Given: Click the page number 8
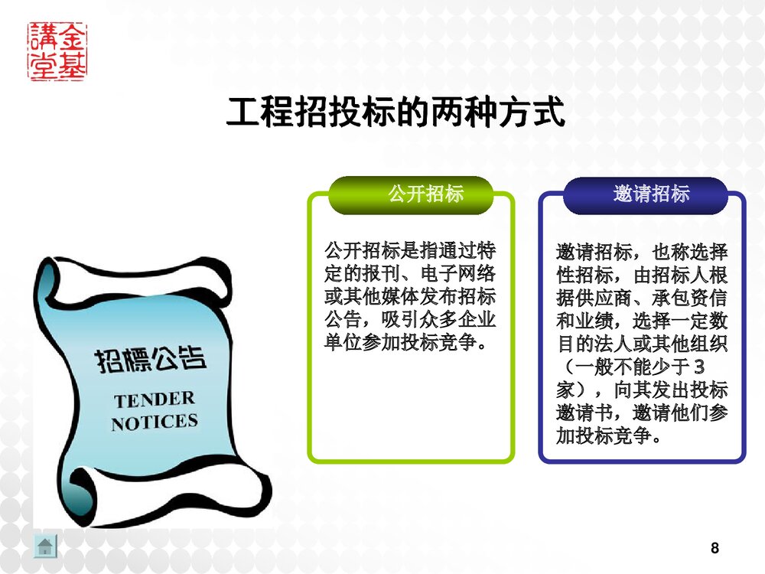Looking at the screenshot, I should (x=715, y=548).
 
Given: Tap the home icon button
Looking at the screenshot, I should (x=45, y=546).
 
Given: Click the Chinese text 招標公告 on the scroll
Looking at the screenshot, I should (x=150, y=360).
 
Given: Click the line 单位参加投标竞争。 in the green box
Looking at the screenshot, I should (x=406, y=340).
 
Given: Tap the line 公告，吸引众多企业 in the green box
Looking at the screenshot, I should (x=411, y=318).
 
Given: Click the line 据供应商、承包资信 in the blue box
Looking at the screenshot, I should (x=642, y=298).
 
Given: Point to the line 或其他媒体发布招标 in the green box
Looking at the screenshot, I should (x=411, y=295).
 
